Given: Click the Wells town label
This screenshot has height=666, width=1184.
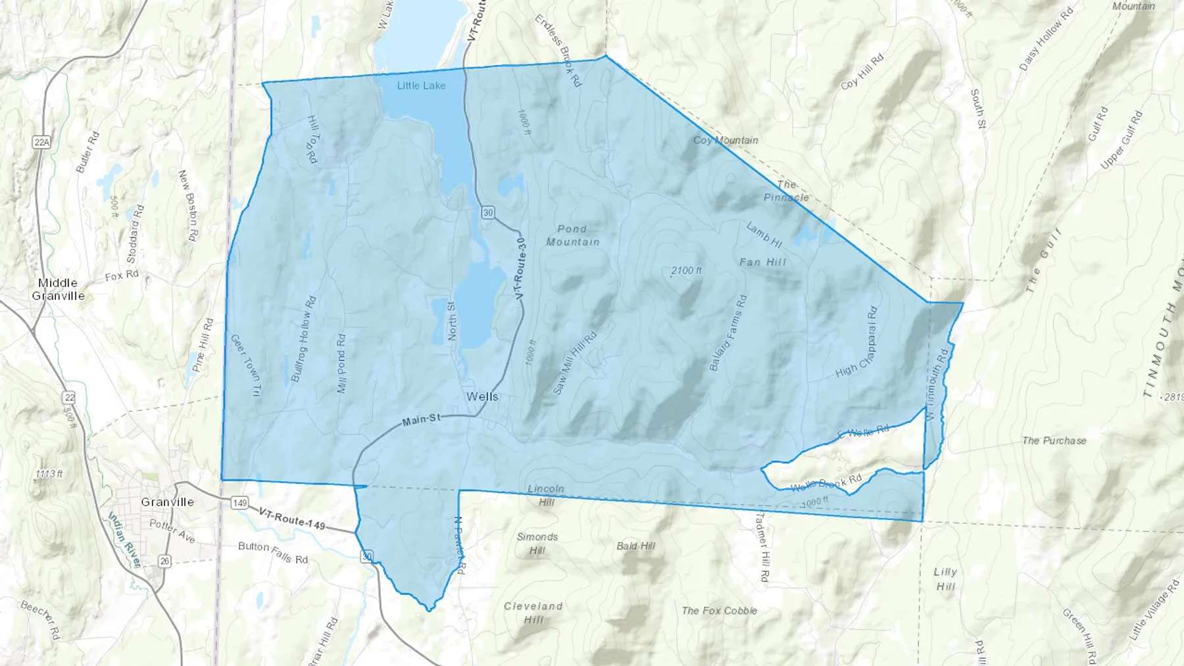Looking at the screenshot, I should coord(482,396).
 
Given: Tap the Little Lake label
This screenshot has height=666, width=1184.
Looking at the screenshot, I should coord(421,85).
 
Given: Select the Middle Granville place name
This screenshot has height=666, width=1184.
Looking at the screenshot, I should coord(58,289).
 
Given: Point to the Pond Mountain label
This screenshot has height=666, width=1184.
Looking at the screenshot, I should coord(572,235).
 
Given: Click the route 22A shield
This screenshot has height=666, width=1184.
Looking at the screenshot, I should coord(41,142).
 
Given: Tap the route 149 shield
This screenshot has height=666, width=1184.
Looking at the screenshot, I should coord(239,503).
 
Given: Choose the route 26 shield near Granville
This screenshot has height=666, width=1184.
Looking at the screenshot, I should coord(164,561).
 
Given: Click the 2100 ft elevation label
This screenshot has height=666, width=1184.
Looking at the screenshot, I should coord(686,270).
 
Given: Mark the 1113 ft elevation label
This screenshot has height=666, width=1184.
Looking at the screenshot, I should coord(49,473).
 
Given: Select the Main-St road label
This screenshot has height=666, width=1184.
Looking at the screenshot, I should coord(421,419).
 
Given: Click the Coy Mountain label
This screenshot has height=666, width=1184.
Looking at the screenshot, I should coord(726,140).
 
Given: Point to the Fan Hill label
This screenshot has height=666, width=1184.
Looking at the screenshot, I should coord(762,262).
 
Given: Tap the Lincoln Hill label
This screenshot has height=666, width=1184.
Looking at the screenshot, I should coord(546,495).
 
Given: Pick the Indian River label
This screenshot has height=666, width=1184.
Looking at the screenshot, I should coord(124,539).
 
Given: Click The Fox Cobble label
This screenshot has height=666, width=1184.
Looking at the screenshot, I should coord(719,611).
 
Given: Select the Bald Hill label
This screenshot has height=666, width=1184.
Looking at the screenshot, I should coord(635,546).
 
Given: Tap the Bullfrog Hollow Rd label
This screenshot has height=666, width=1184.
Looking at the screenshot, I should coord(303,339).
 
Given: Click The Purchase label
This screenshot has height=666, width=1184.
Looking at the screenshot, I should coord(1054,440).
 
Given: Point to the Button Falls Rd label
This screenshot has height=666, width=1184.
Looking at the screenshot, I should coord(272,552).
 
